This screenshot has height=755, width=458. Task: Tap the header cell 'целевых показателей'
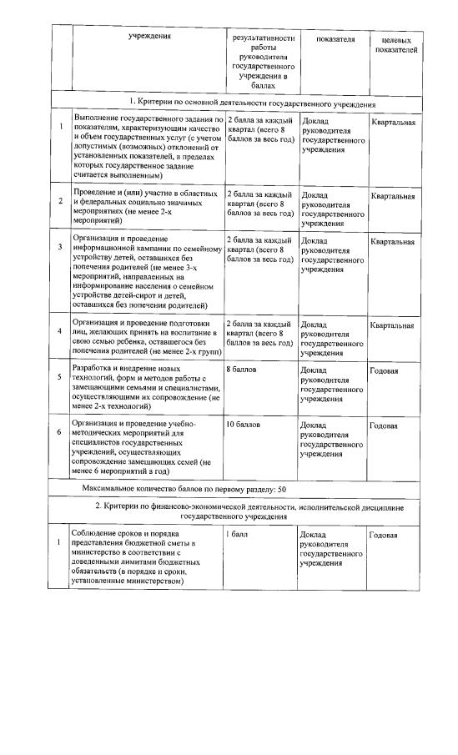[399, 44]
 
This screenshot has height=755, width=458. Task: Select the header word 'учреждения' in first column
[151, 37]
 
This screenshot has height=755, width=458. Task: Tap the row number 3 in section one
[60, 248]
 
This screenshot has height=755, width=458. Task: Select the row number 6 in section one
[60, 432]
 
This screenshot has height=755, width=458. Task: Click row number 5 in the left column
[60, 377]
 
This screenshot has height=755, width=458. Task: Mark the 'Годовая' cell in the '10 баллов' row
[384, 425]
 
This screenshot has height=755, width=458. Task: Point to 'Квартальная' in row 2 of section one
[393, 197]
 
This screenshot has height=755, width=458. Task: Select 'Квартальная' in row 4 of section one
[393, 325]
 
